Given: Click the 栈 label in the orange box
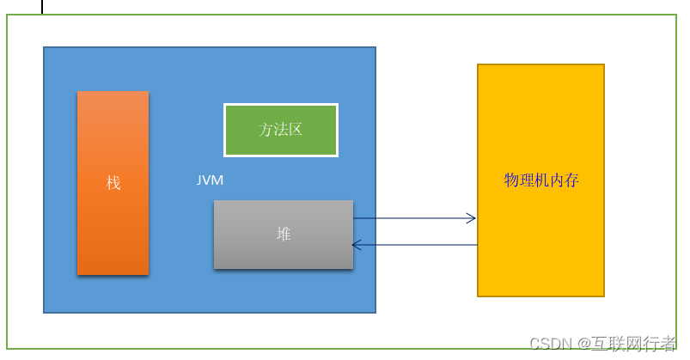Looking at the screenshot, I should [x=113, y=183].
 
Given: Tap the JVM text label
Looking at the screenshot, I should [x=210, y=180].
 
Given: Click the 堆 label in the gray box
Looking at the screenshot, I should [x=284, y=234].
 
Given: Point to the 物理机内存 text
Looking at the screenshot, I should [x=540, y=180].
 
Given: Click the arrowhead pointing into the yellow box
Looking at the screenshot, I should [x=472, y=218].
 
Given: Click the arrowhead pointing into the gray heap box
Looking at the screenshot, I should [x=356, y=246].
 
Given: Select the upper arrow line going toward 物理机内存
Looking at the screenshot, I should [x=412, y=218].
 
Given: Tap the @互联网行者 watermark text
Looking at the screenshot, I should [x=627, y=345].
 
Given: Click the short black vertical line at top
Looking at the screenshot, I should [x=42, y=7].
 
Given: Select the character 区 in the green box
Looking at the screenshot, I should [x=296, y=130].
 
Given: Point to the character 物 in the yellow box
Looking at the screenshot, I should [x=511, y=180].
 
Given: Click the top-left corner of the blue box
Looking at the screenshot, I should [x=45, y=48].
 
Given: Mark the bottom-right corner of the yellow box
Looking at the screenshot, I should [x=603, y=296].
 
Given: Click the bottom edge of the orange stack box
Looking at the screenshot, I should [x=113, y=274].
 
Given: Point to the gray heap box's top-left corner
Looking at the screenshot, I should [x=215, y=201].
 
